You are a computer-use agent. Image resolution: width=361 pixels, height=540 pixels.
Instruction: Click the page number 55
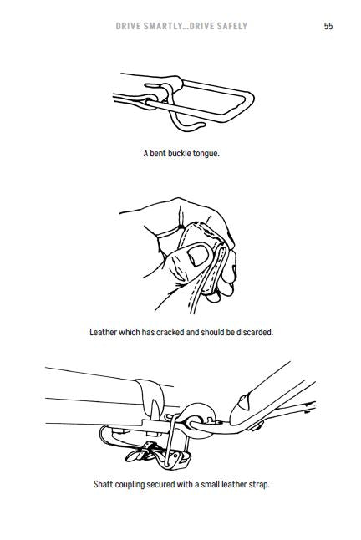coord(328,26)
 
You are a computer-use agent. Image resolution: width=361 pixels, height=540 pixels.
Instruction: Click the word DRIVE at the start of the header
coord(127,26)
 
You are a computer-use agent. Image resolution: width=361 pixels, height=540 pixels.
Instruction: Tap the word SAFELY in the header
coord(233,26)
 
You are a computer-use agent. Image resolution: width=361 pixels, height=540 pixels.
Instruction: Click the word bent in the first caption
coord(158,153)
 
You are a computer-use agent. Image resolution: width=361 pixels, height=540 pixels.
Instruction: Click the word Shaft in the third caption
coord(102,484)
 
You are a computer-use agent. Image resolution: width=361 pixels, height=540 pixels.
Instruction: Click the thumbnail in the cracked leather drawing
coord(198,255)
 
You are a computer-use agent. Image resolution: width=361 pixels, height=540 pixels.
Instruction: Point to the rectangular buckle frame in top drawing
coord(248,99)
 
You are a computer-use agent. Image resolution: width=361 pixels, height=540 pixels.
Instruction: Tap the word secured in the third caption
coord(160,484)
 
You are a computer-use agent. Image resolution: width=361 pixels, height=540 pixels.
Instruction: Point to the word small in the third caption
coord(210,484)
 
